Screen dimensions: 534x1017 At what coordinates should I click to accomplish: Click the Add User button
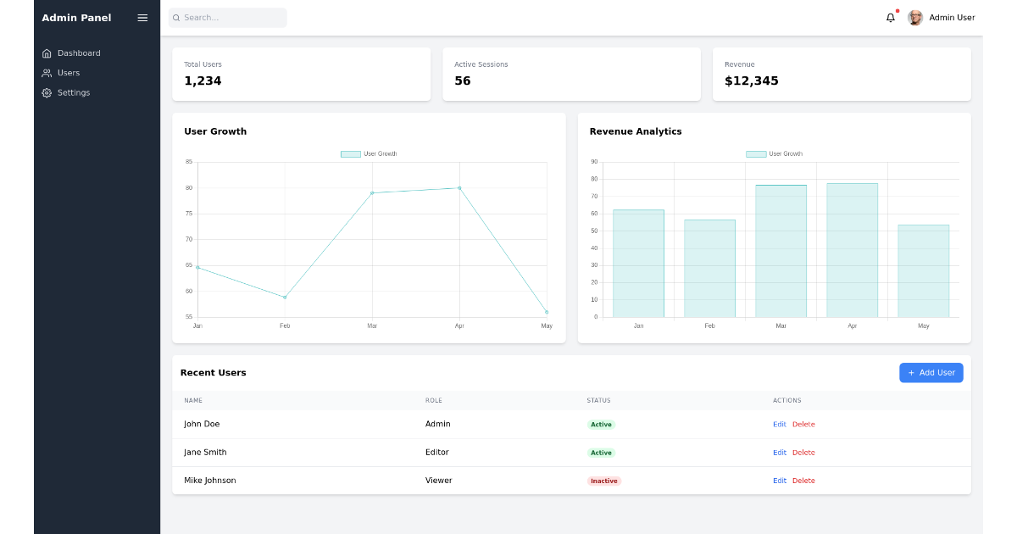(931, 373)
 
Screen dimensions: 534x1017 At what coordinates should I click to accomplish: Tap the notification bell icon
(890, 18)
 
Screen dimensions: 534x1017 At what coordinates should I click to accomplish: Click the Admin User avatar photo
(915, 18)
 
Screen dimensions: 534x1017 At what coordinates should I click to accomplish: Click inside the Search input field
(229, 18)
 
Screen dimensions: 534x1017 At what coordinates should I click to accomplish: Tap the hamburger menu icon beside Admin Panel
(142, 18)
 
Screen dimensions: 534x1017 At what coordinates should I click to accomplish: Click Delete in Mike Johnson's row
(803, 481)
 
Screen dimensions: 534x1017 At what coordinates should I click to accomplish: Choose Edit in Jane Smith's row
(779, 453)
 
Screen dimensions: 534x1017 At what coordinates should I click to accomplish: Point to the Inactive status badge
(604, 481)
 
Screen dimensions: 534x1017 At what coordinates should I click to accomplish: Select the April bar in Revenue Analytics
(852, 250)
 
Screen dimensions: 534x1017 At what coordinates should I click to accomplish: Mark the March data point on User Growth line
(372, 193)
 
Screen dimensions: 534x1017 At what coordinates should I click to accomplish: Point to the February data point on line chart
(285, 298)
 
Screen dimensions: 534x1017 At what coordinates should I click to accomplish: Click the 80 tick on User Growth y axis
(189, 188)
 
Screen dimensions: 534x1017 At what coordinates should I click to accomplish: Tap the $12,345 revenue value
(751, 81)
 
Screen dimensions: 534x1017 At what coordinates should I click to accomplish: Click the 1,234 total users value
(203, 81)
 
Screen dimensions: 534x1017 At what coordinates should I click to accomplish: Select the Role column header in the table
(434, 401)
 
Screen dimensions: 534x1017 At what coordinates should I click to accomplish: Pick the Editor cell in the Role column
(437, 453)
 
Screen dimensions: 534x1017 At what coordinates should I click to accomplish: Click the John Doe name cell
(202, 424)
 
